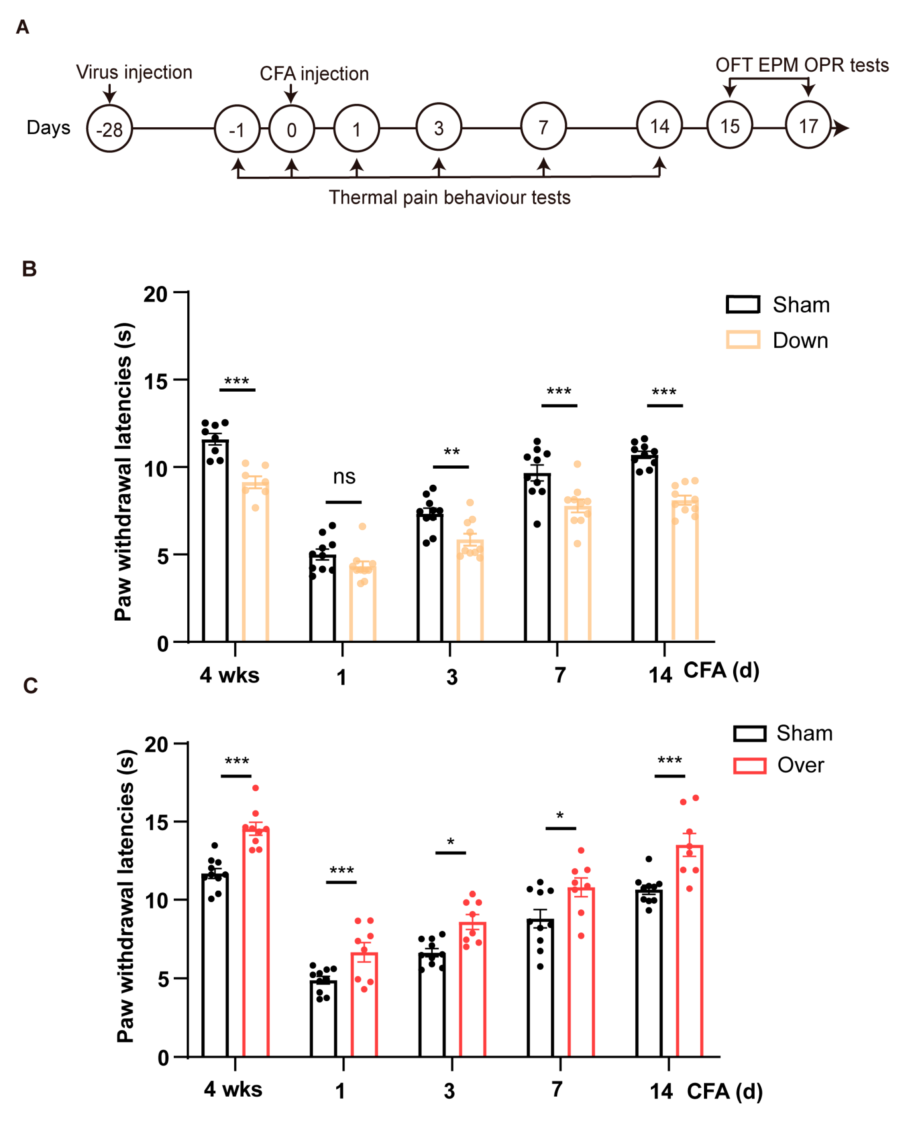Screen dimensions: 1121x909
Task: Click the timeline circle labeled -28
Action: pyautogui.click(x=110, y=129)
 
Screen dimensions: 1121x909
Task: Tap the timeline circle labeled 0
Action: pyautogui.click(x=291, y=129)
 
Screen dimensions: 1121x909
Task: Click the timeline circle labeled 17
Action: pyautogui.click(x=808, y=126)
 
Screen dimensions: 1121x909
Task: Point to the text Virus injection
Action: pyautogui.click(x=134, y=72)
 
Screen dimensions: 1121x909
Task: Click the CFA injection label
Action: pyautogui.click(x=314, y=74)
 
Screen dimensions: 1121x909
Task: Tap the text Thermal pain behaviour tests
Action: pyautogui.click(x=449, y=198)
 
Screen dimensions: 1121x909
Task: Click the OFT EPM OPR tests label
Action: pyautogui.click(x=802, y=65)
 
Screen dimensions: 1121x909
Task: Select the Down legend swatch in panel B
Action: pyautogui.click(x=743, y=339)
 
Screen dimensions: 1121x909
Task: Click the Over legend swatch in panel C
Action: pyautogui.click(x=749, y=765)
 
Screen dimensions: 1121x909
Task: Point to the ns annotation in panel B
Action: pyautogui.click(x=344, y=476)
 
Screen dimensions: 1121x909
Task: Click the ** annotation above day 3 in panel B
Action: pyautogui.click(x=451, y=451)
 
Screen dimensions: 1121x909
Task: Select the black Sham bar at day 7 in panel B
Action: pyautogui.click(x=537, y=558)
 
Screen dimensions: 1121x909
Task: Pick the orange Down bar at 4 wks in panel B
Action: pyautogui.click(x=255, y=563)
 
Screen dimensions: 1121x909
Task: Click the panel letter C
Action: pyautogui.click(x=30, y=686)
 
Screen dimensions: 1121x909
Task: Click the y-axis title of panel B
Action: pyautogui.click(x=124, y=472)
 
